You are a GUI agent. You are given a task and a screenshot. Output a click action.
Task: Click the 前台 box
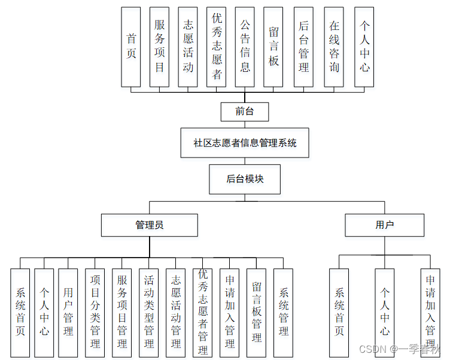(x=244, y=111)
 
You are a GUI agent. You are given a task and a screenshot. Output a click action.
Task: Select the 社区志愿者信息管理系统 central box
(x=245, y=143)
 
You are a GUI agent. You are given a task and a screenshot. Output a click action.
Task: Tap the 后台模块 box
(x=245, y=179)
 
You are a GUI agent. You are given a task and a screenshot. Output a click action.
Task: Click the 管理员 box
(x=149, y=225)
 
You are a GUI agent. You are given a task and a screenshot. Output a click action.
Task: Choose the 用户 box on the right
(x=384, y=225)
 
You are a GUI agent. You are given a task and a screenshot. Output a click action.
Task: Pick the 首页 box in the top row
(x=131, y=47)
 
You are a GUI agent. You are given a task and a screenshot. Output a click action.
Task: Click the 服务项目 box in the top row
(x=159, y=47)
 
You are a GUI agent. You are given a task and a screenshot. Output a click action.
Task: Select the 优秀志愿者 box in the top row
(x=217, y=47)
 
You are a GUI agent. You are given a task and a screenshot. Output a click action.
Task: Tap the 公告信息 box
(x=245, y=47)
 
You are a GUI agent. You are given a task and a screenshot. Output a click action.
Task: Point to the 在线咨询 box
(x=334, y=47)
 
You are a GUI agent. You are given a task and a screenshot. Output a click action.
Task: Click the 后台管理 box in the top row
(x=304, y=47)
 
